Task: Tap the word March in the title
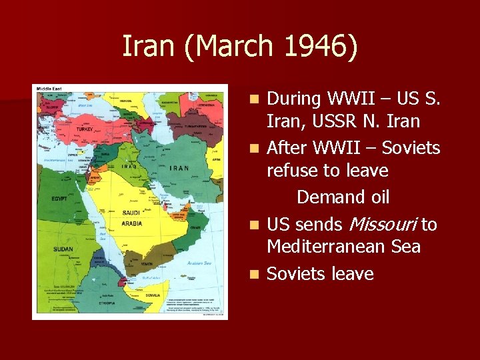236,47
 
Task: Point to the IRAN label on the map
179,169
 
